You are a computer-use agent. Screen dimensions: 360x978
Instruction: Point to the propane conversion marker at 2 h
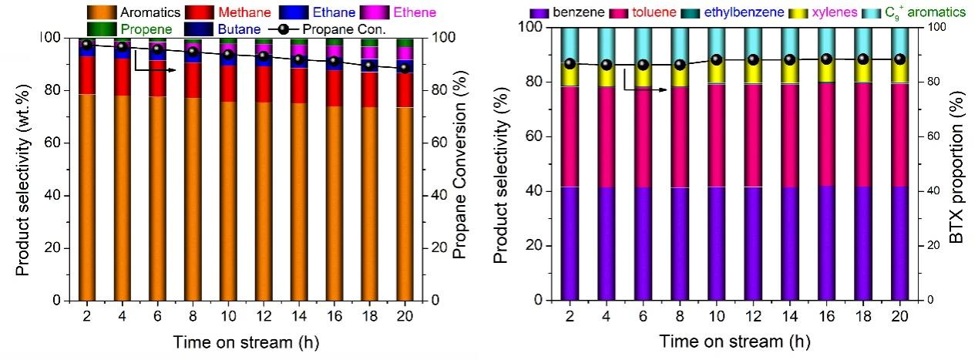87,45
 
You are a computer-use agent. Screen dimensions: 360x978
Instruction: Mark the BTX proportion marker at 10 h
717,59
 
